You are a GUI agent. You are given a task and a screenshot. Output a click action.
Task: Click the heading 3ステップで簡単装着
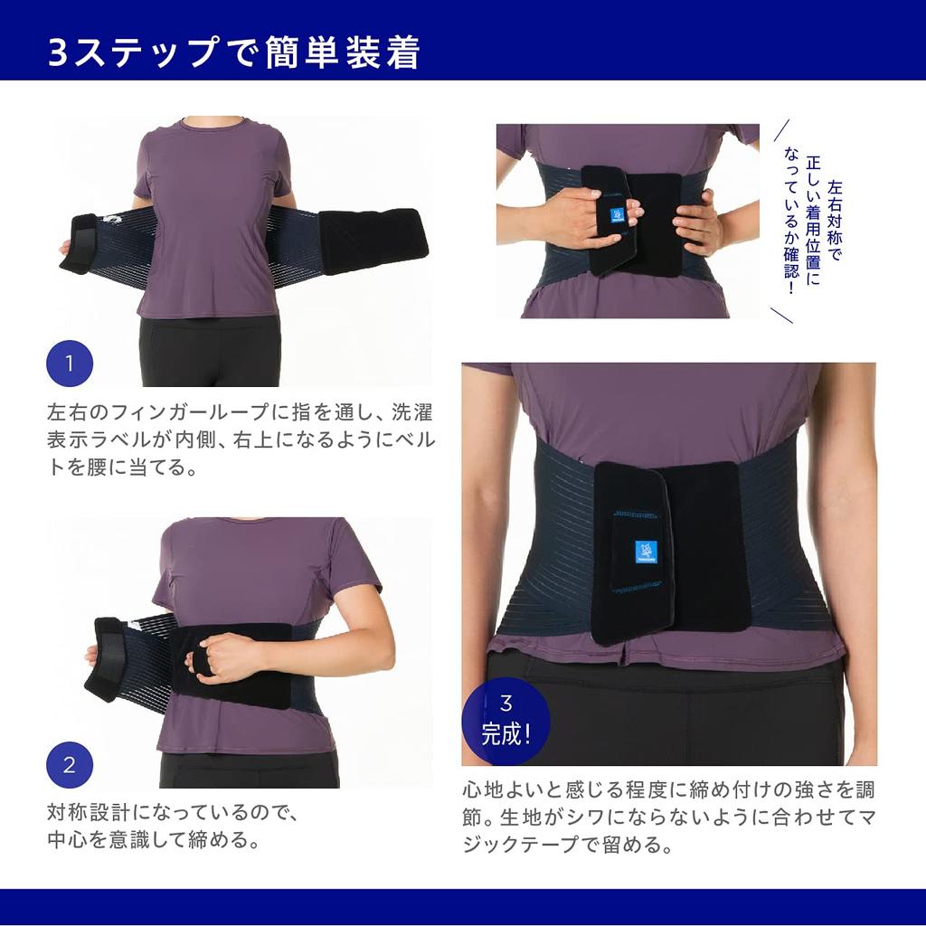234,53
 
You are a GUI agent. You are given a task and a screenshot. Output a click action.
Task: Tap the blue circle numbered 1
70,364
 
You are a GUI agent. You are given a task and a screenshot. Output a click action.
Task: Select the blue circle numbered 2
70,765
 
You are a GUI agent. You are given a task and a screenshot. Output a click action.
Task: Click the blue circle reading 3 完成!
506,720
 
